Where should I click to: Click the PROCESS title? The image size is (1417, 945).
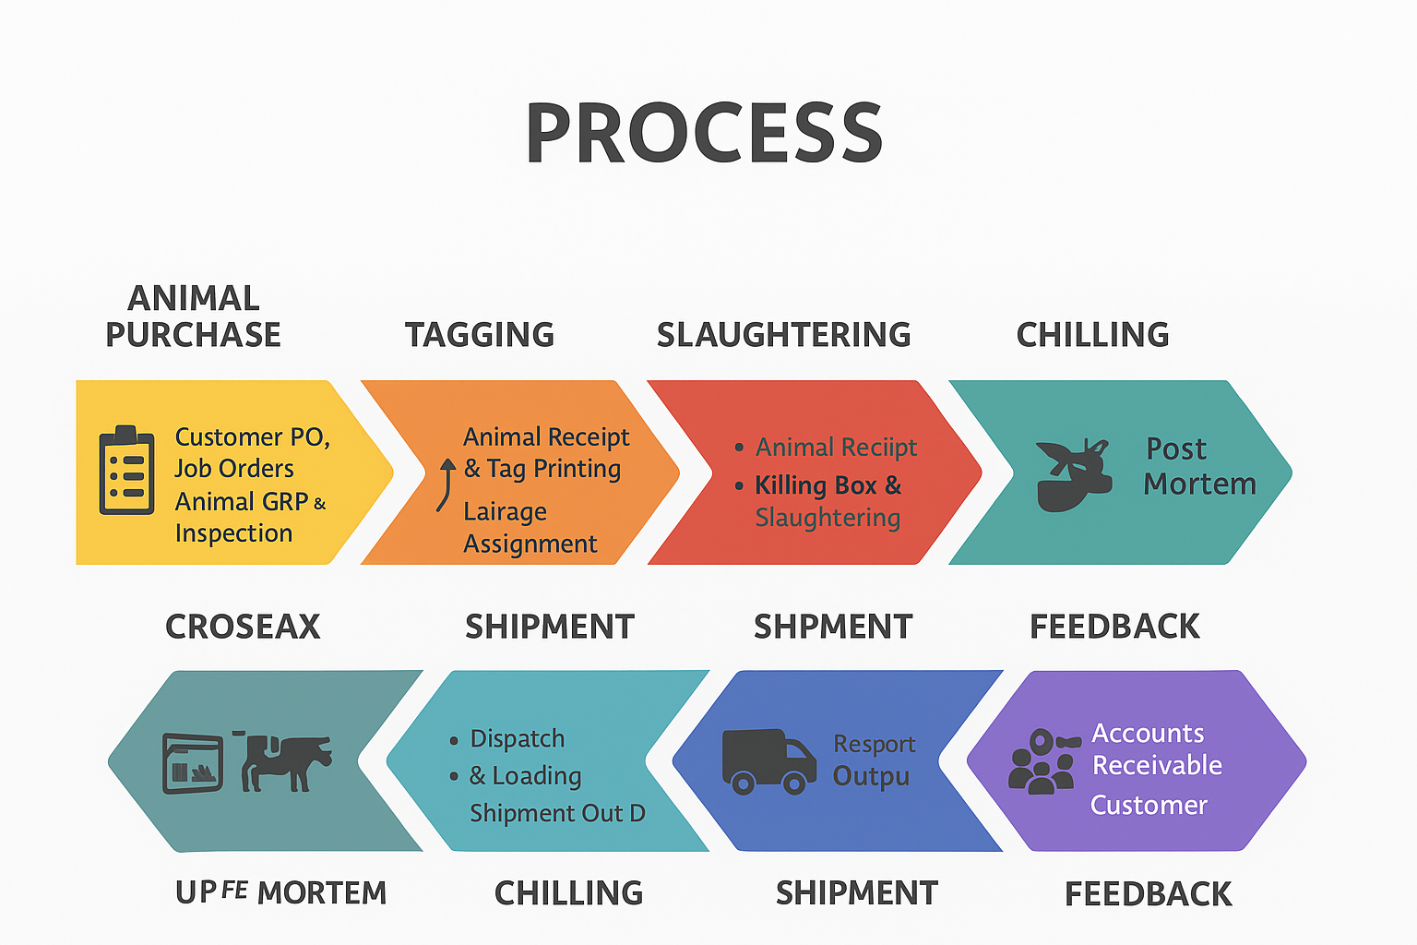point(704,133)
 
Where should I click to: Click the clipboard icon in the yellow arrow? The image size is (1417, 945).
point(126,470)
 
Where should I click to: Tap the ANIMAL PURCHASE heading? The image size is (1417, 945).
point(193,316)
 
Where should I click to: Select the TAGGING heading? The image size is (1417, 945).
point(480,334)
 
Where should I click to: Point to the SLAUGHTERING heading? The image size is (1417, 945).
point(784,334)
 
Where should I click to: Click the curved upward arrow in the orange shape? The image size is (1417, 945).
point(446,484)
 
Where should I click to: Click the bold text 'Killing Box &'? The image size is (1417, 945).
point(828,484)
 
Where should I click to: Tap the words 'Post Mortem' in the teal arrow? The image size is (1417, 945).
point(1199,466)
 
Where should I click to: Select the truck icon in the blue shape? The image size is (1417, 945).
point(768,761)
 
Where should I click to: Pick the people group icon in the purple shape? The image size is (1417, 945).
point(1042,761)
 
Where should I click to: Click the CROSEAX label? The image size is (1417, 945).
point(243,627)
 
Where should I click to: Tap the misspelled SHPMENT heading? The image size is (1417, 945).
point(833,627)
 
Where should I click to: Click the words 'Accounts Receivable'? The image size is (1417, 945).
point(1156,748)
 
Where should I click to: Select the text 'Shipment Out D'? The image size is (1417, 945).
point(557,813)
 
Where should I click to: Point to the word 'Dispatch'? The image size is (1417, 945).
point(518,738)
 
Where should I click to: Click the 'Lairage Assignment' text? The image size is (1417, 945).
point(530,527)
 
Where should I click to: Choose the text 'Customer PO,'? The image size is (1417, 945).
point(253,437)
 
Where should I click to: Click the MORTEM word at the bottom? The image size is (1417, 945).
point(322,893)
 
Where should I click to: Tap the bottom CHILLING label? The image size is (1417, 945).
point(568,893)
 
